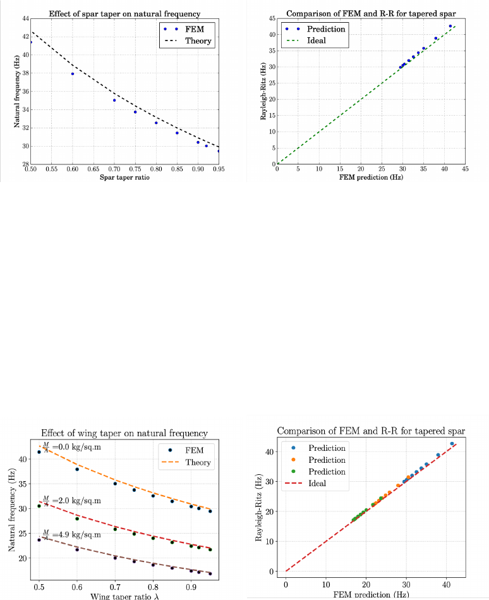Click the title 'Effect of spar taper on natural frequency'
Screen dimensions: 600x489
coord(124,13)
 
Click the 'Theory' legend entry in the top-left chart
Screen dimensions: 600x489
coord(196,41)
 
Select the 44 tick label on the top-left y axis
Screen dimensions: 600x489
coord(24,18)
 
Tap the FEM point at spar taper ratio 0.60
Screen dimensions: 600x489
coord(73,74)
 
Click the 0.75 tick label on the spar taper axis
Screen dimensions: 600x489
coord(135,169)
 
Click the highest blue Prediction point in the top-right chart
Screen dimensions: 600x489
coord(450,27)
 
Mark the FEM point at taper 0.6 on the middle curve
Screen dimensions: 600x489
coord(77,518)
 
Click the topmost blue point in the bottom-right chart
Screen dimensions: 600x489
coord(452,444)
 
